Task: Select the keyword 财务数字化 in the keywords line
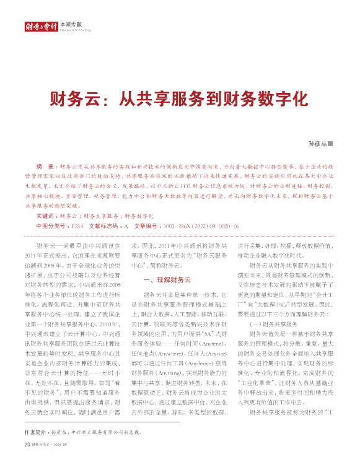click(138, 217)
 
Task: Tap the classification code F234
click(76, 227)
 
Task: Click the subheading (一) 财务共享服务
click(273, 324)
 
